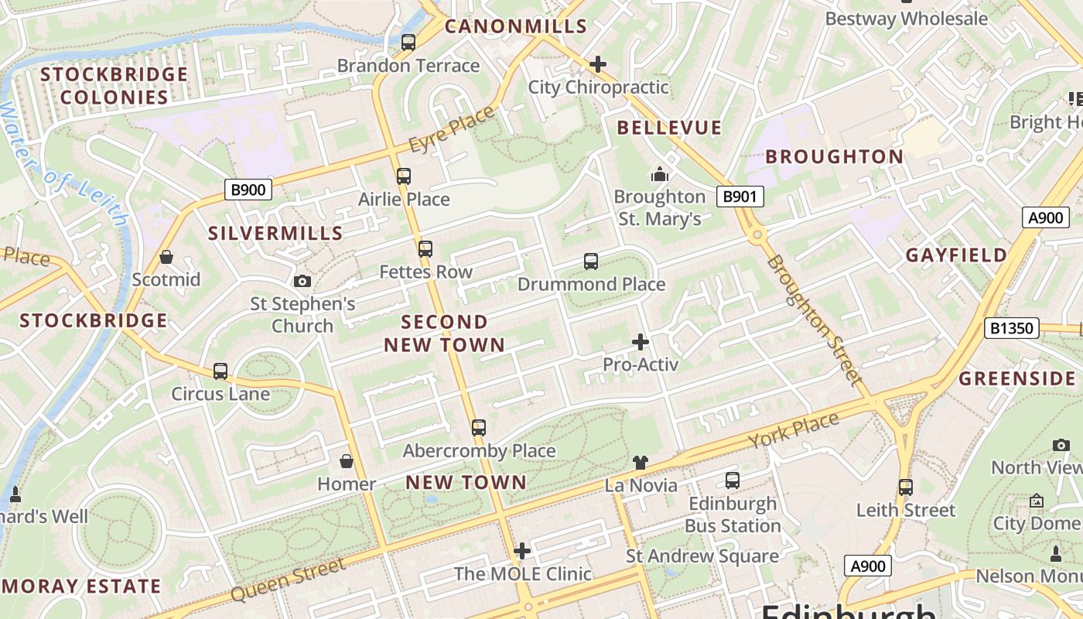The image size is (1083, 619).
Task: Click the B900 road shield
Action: [x=248, y=189]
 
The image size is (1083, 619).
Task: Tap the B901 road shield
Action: [x=739, y=197]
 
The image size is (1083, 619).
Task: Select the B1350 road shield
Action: [x=1011, y=328]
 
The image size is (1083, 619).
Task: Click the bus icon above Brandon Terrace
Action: [x=408, y=43]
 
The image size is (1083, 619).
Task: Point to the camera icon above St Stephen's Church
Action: [x=302, y=281]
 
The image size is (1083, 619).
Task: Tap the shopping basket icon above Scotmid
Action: [x=166, y=257]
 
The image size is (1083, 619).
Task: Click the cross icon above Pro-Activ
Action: [x=641, y=341]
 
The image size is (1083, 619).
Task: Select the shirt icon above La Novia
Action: [x=641, y=463]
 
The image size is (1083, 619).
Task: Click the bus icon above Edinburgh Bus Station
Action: [x=733, y=480]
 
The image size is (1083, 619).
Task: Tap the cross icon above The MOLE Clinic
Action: [x=522, y=551]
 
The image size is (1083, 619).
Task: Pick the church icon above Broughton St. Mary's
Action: [x=660, y=174]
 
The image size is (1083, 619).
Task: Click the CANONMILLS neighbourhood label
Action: [x=516, y=26]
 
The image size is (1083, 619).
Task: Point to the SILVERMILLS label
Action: [x=275, y=233]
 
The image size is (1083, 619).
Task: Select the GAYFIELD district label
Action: [x=957, y=255]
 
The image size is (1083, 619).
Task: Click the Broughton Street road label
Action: [x=814, y=320]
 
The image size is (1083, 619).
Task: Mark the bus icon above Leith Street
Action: [x=906, y=487]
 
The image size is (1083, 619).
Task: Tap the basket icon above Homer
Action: [x=347, y=462]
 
